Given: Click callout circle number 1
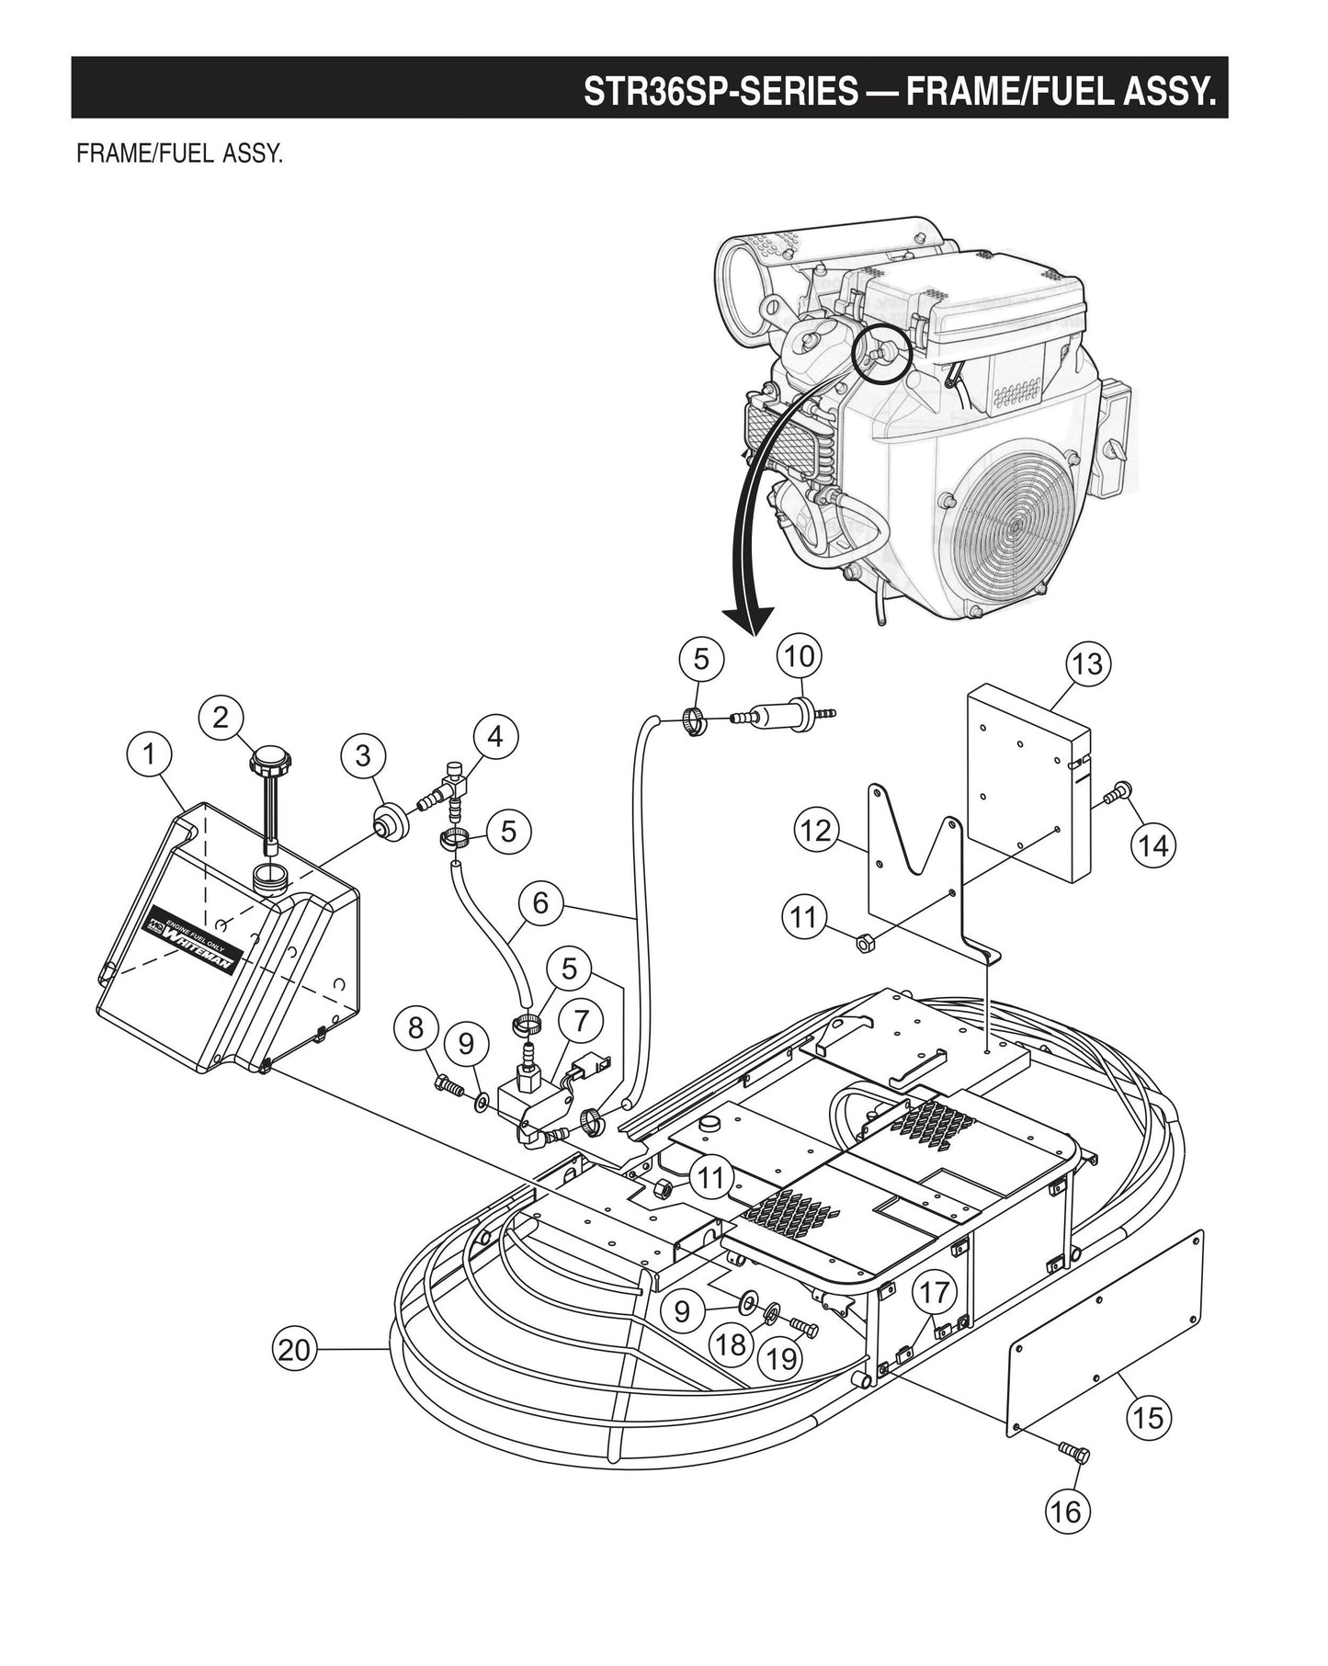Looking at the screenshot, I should tap(148, 754).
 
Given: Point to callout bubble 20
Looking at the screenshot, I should tap(295, 1349).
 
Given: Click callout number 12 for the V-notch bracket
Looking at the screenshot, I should tap(815, 831).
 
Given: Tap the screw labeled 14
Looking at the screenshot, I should tap(1118, 790).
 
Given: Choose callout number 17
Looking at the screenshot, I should tap(934, 1293).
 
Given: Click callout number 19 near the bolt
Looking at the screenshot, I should tap(782, 1358).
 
